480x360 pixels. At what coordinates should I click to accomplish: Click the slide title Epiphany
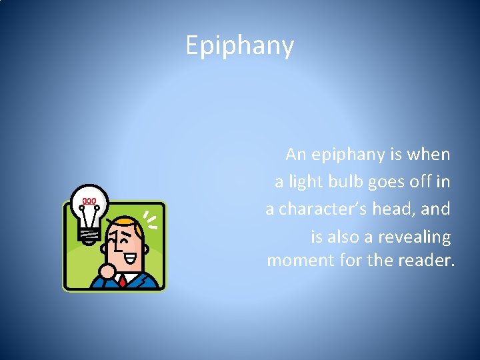point(239,46)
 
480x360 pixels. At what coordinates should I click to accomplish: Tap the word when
point(430,155)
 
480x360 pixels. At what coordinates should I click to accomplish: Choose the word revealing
point(414,237)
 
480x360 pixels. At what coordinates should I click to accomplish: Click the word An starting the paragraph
point(296,155)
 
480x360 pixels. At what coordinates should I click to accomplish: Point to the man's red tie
point(123,281)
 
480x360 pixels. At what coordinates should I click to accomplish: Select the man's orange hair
point(127,223)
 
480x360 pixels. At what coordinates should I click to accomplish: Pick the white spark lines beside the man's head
point(151,220)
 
